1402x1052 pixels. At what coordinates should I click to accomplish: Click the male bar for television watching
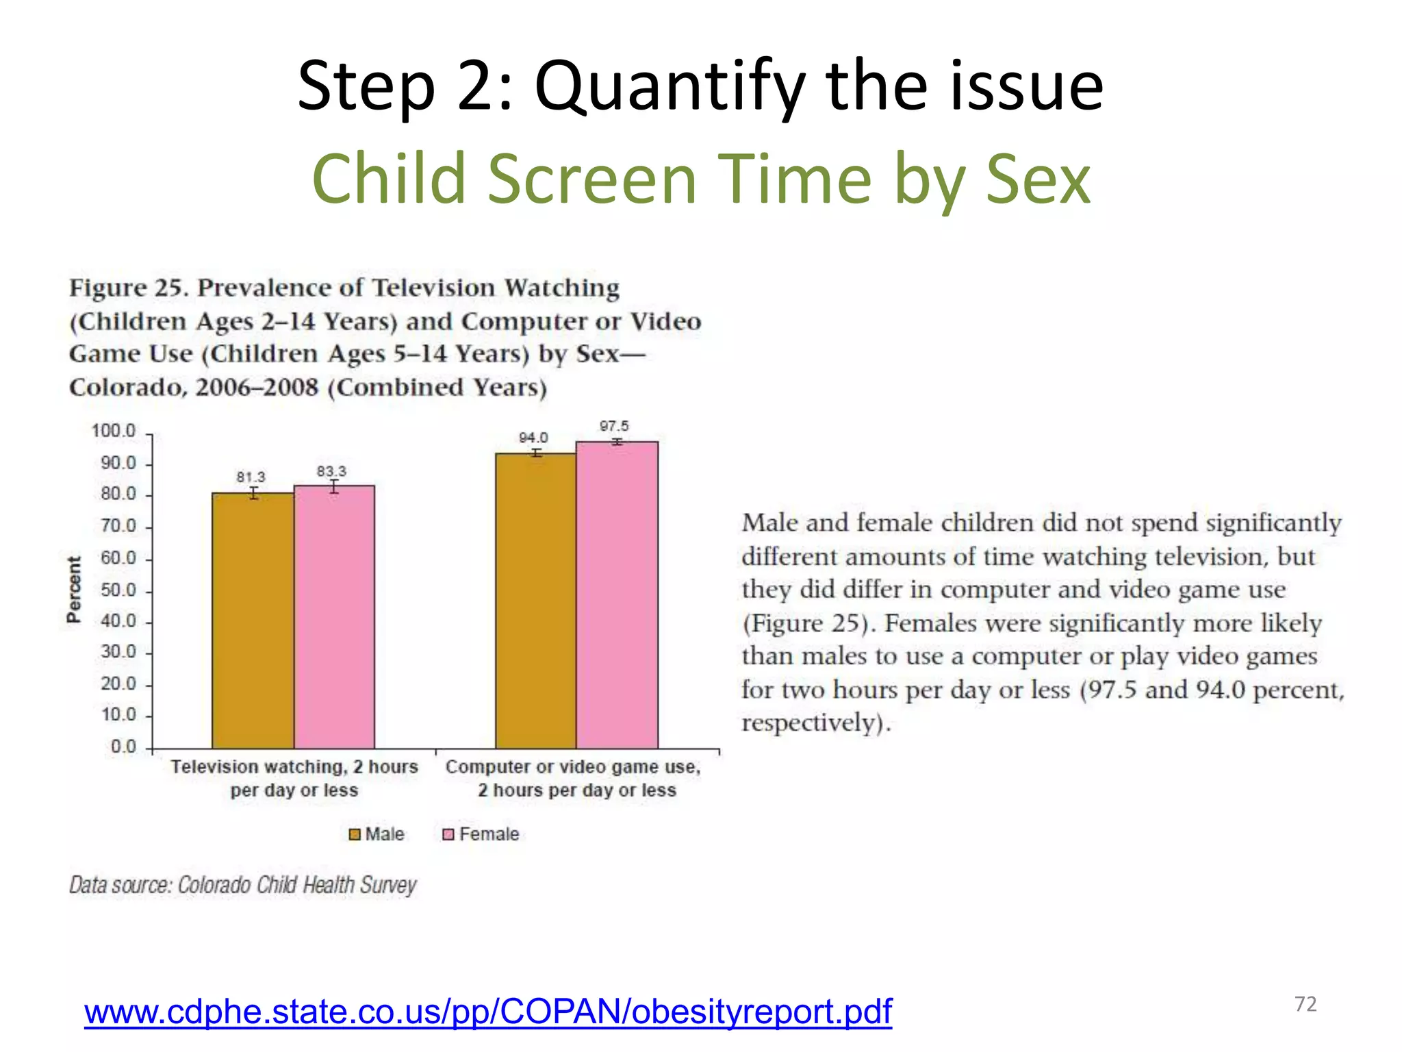[253, 620]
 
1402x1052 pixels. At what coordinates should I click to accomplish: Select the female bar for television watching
[334, 616]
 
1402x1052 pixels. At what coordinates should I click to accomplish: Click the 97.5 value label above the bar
[614, 426]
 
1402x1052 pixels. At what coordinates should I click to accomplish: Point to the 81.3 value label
[251, 477]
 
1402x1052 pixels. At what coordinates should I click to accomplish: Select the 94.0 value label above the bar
[533, 438]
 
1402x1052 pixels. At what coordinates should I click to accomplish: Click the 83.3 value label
[331, 471]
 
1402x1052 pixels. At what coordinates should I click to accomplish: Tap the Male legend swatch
[355, 834]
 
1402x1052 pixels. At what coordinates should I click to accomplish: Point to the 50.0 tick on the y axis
[118, 590]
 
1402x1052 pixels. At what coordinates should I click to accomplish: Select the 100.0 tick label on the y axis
[114, 431]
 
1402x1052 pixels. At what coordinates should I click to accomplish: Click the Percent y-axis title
[73, 589]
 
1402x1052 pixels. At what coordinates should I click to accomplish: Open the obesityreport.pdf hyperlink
[487, 1012]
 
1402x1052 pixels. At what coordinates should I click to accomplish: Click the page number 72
[1305, 1004]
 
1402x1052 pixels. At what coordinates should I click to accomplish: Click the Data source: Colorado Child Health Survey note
[242, 885]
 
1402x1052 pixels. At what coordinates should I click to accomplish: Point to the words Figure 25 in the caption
[127, 288]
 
